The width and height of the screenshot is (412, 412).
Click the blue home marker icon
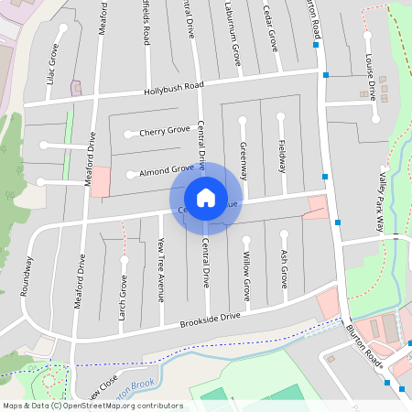[206, 198]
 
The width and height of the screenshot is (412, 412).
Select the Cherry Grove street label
[165, 131]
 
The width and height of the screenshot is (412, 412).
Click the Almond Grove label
[167, 169]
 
